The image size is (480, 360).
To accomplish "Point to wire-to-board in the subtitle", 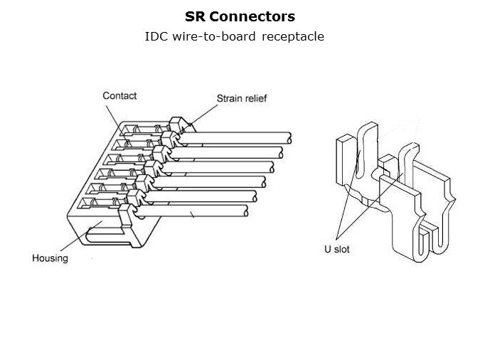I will click(213, 36).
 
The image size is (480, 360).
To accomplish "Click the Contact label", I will click(119, 95).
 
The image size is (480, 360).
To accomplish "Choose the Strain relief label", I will click(242, 98).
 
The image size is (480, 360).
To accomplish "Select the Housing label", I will click(50, 258).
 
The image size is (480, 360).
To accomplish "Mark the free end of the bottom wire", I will click(246, 211).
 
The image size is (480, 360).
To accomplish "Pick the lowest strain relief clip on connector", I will click(125, 213).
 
